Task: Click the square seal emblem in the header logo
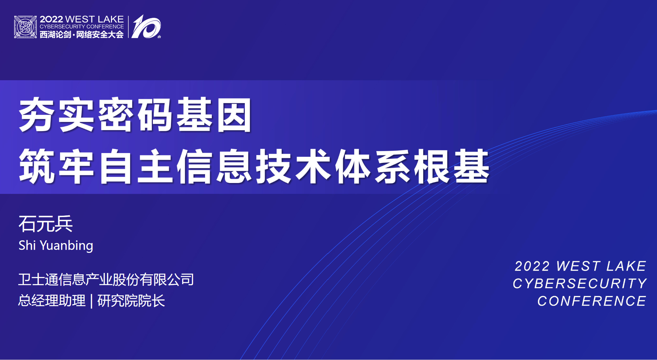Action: (25, 27)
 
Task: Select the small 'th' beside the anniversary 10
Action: (159, 37)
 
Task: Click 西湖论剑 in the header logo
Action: (55, 35)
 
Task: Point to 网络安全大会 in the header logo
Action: (100, 35)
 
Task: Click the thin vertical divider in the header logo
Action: (128, 27)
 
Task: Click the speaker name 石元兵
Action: (46, 224)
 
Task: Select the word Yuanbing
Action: (66, 246)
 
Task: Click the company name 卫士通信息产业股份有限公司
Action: (106, 280)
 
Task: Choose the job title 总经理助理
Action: (52, 301)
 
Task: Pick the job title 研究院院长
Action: (131, 301)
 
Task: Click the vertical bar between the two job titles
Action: (91, 301)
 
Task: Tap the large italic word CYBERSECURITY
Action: (580, 283)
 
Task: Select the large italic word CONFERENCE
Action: (592, 301)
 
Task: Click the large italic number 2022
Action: (532, 266)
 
